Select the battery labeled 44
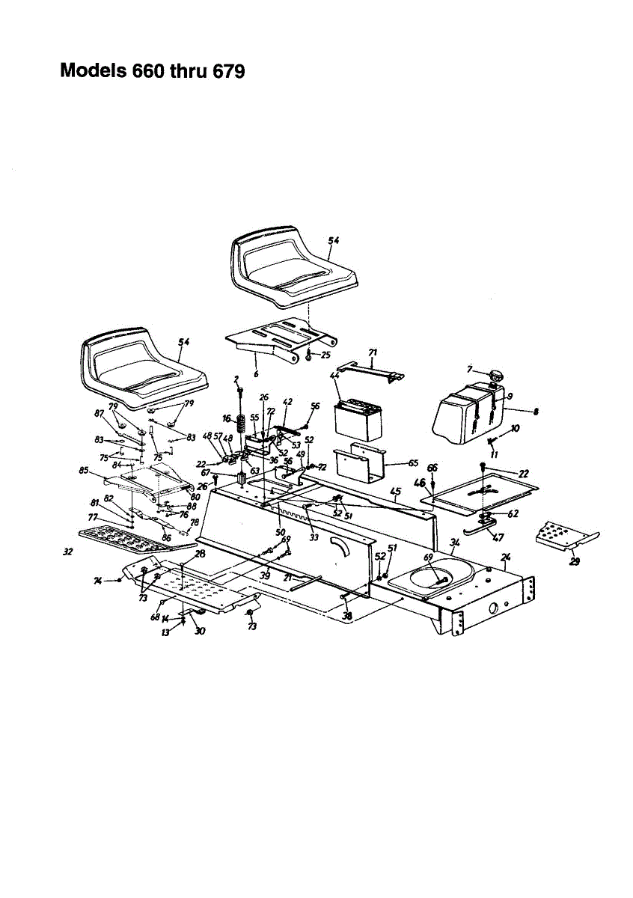click(358, 418)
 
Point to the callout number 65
click(413, 463)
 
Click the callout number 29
click(574, 562)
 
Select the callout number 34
click(454, 542)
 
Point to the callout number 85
click(84, 471)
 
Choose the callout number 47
click(499, 537)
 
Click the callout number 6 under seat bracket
click(256, 373)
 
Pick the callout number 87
click(99, 414)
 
